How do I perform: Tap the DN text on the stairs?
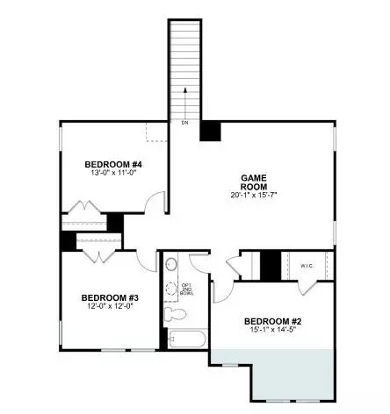coord(184,123)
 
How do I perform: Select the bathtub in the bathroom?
coord(185,339)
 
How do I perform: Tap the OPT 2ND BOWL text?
coord(186,289)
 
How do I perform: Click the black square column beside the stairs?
coord(210,129)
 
